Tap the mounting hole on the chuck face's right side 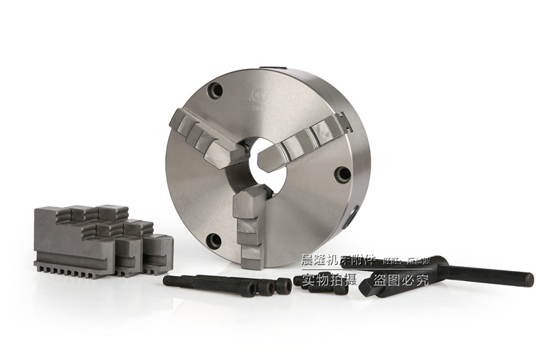pos(343,174)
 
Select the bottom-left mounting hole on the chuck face pos(214,240)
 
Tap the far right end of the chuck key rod pos(529,280)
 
